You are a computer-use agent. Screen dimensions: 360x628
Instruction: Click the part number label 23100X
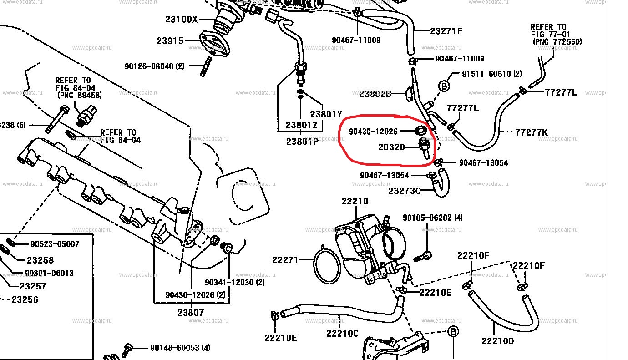[181, 20]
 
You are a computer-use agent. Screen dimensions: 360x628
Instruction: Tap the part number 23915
[170, 41]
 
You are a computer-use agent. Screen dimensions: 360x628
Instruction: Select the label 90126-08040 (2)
[154, 66]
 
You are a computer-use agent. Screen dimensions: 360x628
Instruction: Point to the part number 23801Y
[326, 114]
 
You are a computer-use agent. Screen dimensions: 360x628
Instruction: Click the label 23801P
[302, 141]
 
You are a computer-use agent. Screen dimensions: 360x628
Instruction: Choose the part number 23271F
[446, 31]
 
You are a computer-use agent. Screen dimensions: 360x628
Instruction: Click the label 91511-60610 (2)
[491, 74]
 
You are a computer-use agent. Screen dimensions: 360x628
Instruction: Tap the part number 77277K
[532, 132]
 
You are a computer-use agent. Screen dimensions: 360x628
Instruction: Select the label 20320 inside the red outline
[391, 147]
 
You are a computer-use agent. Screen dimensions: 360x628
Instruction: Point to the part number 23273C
[405, 191]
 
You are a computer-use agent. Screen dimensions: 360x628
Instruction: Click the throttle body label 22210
[355, 202]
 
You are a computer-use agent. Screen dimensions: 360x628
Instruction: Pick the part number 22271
[285, 260]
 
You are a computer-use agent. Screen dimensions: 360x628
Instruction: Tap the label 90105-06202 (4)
[432, 218]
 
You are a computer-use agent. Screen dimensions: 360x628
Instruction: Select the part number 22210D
[497, 341]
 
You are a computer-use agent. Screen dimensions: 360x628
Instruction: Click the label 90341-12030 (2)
[234, 282]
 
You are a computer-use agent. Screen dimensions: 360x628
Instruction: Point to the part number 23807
[191, 313]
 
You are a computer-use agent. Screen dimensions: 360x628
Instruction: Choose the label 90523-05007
[55, 244]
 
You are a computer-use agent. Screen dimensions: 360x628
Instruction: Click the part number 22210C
[342, 333]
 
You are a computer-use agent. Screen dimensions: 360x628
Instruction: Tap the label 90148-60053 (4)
[180, 348]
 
